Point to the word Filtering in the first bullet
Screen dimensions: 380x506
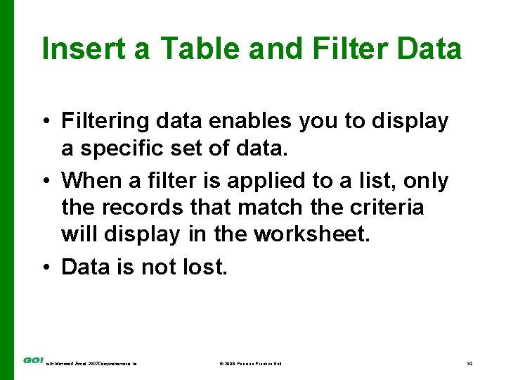pos(105,122)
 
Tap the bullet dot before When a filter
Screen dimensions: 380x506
pos(48,182)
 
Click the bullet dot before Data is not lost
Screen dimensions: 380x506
pos(48,267)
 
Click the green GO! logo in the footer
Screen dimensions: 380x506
pos(33,361)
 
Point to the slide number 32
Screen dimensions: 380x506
pos(469,364)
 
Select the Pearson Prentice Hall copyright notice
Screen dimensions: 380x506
pos(250,364)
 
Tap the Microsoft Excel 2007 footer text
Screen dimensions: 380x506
pos(91,364)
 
